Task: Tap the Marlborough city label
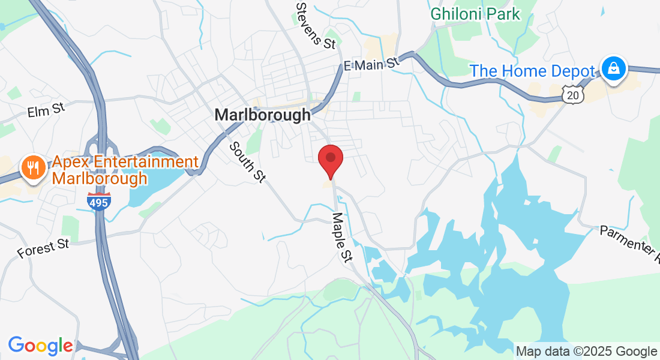click(263, 115)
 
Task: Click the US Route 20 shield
click(574, 94)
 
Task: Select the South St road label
click(247, 161)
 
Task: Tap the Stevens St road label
click(316, 25)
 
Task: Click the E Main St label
click(371, 64)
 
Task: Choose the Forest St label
click(44, 247)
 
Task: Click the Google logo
click(40, 346)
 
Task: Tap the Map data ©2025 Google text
click(586, 352)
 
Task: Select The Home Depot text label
click(533, 71)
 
